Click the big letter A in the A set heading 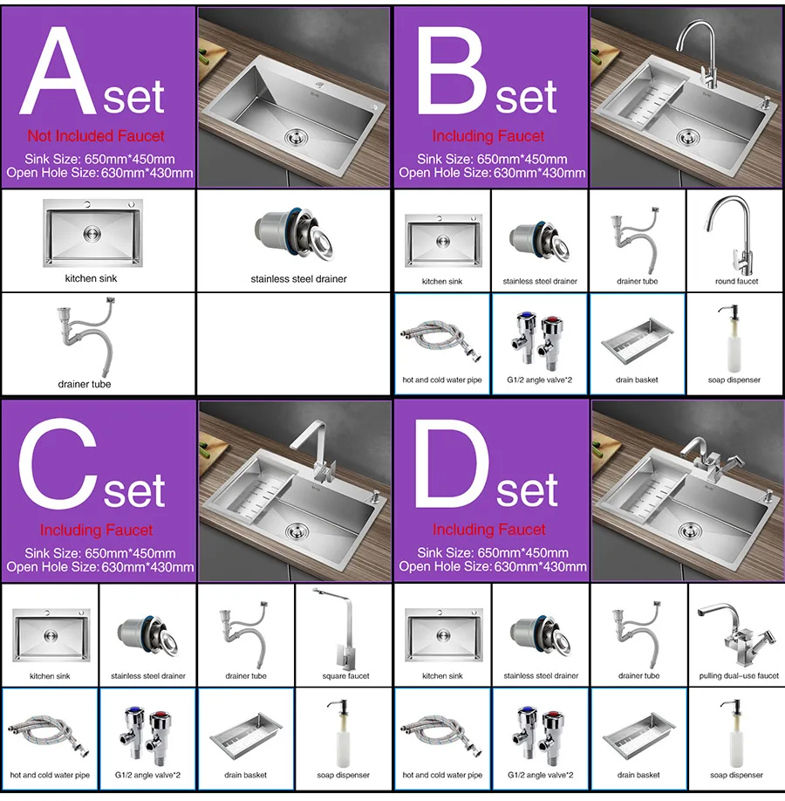pyautogui.click(x=58, y=71)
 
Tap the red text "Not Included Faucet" pyautogui.click(x=96, y=136)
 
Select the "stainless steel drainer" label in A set pyautogui.click(x=298, y=279)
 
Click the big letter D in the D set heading pyautogui.click(x=450, y=464)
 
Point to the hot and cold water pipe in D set pyautogui.click(x=441, y=734)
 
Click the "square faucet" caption pyautogui.click(x=345, y=676)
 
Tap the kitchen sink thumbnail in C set pyautogui.click(x=51, y=635)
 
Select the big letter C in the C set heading pyautogui.click(x=58, y=464)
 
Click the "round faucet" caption pyautogui.click(x=736, y=281)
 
